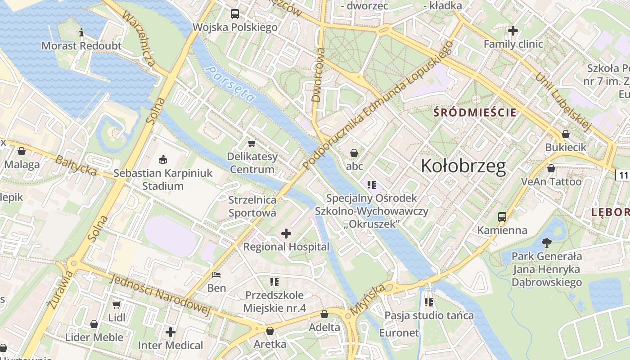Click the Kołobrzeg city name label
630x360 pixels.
(x=463, y=166)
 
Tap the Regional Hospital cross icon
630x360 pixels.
(x=286, y=233)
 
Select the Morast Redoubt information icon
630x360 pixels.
(x=81, y=32)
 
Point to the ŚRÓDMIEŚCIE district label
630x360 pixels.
(x=475, y=112)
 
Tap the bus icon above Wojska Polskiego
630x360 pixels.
(x=235, y=13)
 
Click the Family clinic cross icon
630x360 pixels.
(x=513, y=31)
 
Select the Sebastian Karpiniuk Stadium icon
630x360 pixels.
(x=162, y=159)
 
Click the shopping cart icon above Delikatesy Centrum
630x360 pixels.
(x=252, y=143)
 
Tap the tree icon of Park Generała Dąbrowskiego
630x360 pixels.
(x=547, y=243)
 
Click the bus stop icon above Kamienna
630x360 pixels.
(x=502, y=217)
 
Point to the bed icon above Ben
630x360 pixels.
(x=216, y=274)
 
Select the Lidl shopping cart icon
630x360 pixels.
(x=117, y=305)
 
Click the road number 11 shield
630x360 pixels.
(x=623, y=175)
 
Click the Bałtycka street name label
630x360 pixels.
(x=76, y=165)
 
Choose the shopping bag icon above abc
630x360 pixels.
(x=354, y=153)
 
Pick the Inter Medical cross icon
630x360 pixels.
(x=171, y=332)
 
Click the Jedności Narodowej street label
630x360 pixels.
(x=160, y=295)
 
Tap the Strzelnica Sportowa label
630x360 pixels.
(x=252, y=206)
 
